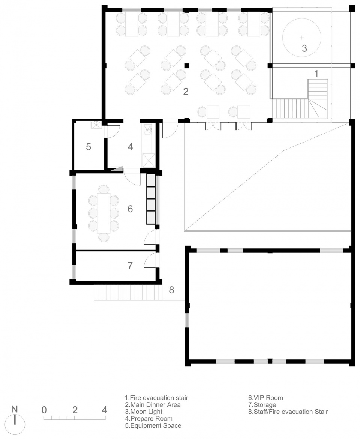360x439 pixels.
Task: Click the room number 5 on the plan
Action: pyautogui.click(x=88, y=147)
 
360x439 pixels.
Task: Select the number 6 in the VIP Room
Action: pyautogui.click(x=130, y=209)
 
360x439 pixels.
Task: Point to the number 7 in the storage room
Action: pyautogui.click(x=130, y=265)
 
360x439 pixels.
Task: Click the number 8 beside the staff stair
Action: pyautogui.click(x=171, y=290)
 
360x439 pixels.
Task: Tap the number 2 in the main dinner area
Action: pyautogui.click(x=186, y=91)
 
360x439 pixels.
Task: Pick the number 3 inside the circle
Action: pyautogui.click(x=304, y=48)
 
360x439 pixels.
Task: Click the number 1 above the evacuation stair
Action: pyautogui.click(x=316, y=74)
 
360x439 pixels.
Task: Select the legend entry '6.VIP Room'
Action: pyautogui.click(x=265, y=398)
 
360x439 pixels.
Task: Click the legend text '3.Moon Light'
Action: pyautogui.click(x=144, y=412)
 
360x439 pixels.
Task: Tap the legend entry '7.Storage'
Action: pyautogui.click(x=262, y=404)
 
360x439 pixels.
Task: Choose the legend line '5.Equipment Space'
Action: pyautogui.click(x=153, y=425)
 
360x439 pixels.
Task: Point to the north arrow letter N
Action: pyautogui.click(x=14, y=409)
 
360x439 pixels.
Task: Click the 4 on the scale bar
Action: pyautogui.click(x=104, y=410)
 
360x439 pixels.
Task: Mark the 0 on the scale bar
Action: pyautogui.click(x=44, y=410)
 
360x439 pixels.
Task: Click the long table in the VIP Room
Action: pyautogui.click(x=103, y=213)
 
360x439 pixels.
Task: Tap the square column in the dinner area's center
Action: pyautogui.click(x=187, y=66)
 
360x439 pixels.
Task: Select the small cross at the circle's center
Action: pyautogui.click(x=301, y=37)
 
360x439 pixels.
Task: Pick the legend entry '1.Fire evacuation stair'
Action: pyautogui.click(x=156, y=398)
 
